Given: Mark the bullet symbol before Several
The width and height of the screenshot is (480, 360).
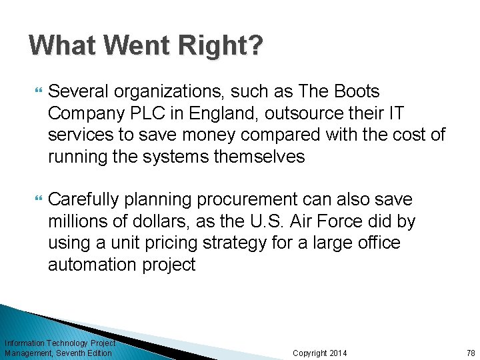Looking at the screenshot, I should coord(35,91).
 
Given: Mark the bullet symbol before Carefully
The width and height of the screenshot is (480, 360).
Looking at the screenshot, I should coord(35,199).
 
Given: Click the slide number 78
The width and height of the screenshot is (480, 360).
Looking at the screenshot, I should coord(471,353).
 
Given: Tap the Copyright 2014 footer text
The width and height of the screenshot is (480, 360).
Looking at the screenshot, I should coord(320,353).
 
